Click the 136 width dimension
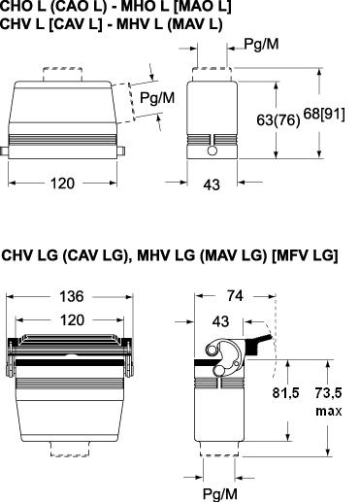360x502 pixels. coord(72,296)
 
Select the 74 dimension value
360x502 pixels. coord(235,295)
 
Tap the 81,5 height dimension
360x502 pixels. coord(285,393)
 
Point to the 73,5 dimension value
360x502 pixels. coord(328,393)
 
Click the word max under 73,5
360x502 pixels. coord(329,411)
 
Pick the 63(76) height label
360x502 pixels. coord(278,120)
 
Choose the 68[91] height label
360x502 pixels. coord(324,115)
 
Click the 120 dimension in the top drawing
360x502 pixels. coord(62,184)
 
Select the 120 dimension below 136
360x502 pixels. coord(72,320)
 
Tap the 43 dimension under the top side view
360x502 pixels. coord(212,184)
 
